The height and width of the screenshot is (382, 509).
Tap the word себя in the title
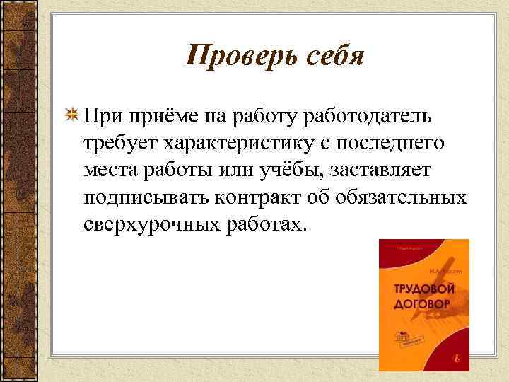pyautogui.click(x=331, y=55)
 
